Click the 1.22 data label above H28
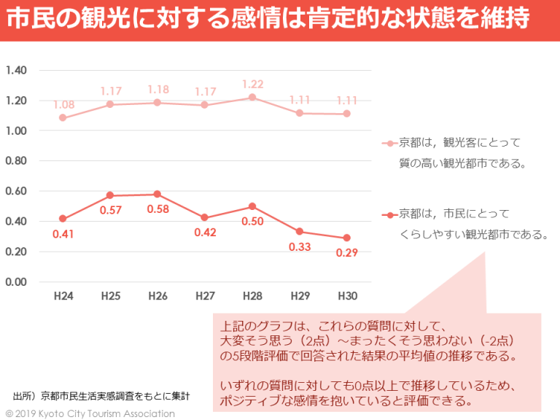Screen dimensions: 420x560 pyautogui.click(x=252, y=84)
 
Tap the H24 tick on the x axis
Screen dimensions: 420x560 pyautogui.click(x=63, y=296)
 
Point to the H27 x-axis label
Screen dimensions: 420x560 pyautogui.click(x=205, y=296)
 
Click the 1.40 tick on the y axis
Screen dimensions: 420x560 pyautogui.click(x=15, y=71)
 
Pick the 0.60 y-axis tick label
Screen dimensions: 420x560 pyautogui.click(x=15, y=191)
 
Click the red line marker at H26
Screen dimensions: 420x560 pyautogui.click(x=157, y=194)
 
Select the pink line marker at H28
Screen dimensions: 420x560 pyautogui.click(x=252, y=97)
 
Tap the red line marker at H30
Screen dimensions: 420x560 pyautogui.click(x=346, y=238)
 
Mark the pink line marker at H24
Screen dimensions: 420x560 pyautogui.click(x=63, y=117)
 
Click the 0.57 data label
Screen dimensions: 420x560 pyautogui.click(x=111, y=210)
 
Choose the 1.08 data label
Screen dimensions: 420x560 pyautogui.click(x=63, y=104)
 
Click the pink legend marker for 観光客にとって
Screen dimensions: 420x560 pyautogui.click(x=390, y=144)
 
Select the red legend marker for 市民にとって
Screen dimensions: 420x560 pyautogui.click(x=390, y=215)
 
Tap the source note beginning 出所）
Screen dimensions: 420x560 pyautogui.click(x=101, y=396)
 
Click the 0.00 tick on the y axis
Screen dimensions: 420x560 pyautogui.click(x=15, y=282)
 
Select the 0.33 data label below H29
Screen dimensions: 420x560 pyautogui.click(x=299, y=246)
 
